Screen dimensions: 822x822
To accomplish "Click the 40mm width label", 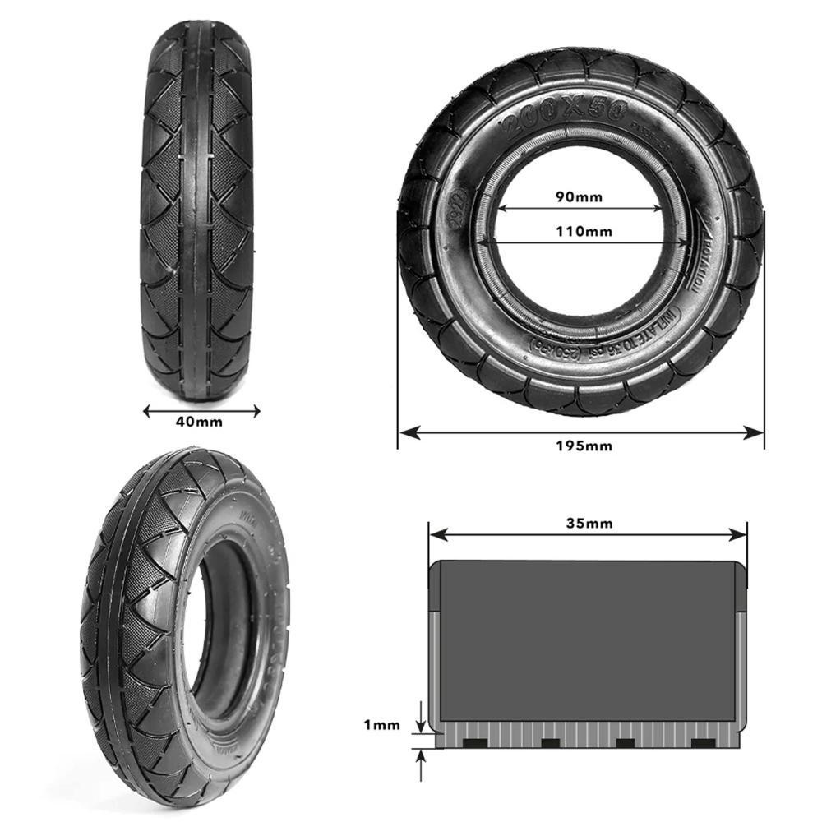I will coord(198,422).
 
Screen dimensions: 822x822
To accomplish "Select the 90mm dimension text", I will coord(580,196).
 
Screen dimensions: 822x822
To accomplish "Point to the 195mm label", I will coord(581,446).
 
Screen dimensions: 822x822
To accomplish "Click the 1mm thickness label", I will coord(381,725).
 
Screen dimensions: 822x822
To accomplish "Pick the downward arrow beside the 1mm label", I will coord(421,723).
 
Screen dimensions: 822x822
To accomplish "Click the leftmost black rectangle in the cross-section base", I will coord(475,743).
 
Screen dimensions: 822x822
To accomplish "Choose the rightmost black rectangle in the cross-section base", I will coord(703,743).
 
